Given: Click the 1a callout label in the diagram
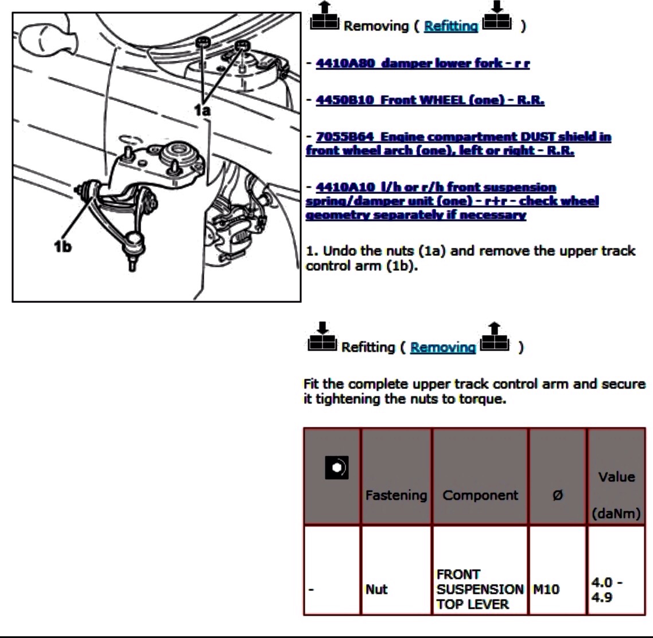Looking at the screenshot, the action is [203, 110].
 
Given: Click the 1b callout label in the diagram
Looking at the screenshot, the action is [63, 247].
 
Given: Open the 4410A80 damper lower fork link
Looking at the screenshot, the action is [423, 63].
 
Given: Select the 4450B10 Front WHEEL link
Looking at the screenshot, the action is [430, 100].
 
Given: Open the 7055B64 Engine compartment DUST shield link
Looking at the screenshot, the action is [458, 143].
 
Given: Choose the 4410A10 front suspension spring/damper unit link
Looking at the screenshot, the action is [452, 201].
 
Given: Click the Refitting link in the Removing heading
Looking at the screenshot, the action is [450, 26].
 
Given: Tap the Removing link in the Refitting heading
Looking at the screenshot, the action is [442, 347].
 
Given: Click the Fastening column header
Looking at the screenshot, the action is [396, 495].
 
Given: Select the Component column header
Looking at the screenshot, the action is [480, 495].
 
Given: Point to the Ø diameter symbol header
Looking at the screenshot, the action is [558, 495].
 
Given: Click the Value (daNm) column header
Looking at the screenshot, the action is [616, 495].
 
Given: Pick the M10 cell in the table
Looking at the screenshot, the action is [546, 589].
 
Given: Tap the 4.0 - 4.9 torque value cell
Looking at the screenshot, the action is [607, 590].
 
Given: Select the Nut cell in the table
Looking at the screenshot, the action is [376, 589].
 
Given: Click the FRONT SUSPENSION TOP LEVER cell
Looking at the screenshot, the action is [480, 589].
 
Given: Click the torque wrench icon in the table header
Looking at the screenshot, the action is [336, 468].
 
